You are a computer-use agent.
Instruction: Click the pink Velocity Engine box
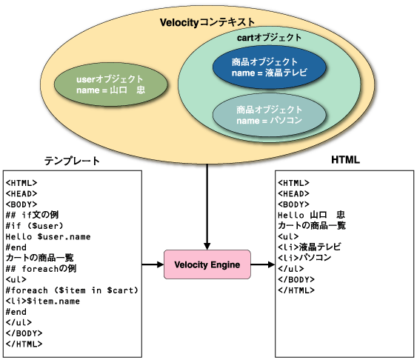coord(207,264)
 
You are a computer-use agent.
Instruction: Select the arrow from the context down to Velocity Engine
coord(207,207)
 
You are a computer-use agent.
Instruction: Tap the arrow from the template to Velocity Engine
coord(153,264)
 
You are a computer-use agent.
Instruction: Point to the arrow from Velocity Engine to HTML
coord(263,264)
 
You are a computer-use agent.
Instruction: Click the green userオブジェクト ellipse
coord(111,84)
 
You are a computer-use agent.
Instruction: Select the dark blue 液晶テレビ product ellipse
coord(270,67)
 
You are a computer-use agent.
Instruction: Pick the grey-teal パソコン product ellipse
coord(270,115)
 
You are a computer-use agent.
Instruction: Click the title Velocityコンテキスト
coord(207,22)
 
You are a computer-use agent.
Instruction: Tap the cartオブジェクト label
coord(269,38)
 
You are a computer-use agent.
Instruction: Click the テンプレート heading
coord(72,161)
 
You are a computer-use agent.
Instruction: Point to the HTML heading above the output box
coord(345,160)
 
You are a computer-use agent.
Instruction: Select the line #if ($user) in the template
coord(35,226)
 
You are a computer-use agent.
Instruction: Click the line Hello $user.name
coord(48,236)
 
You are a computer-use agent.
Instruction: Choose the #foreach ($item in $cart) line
coord(72,290)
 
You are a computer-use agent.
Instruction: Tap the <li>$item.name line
coord(43,301)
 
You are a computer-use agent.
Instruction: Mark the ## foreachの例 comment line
coord(41,269)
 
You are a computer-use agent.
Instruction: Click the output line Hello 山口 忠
coord(311,215)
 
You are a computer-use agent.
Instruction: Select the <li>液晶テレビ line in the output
coord(310,247)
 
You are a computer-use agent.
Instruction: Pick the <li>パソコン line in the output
coord(304,258)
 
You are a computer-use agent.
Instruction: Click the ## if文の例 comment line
coord(32,215)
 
